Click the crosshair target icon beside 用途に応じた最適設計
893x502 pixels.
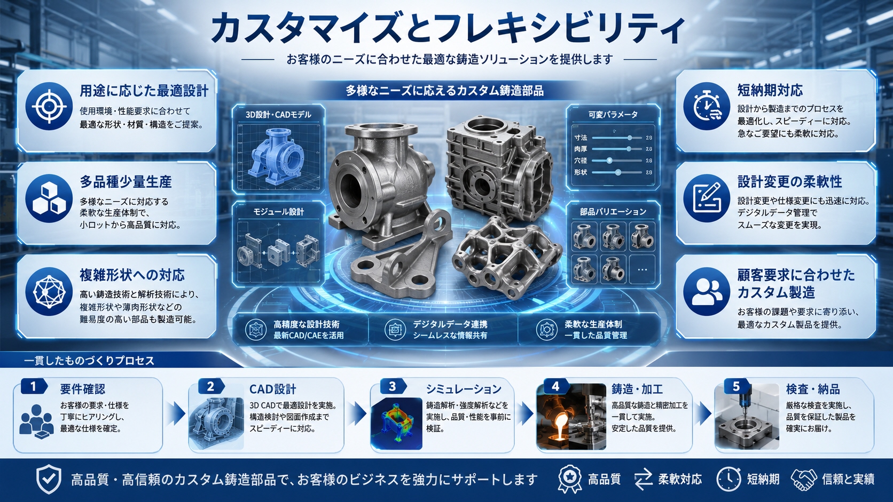(x=49, y=106)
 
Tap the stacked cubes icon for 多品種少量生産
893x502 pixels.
(x=49, y=198)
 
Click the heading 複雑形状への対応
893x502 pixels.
(x=132, y=275)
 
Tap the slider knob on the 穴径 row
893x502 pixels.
(x=609, y=161)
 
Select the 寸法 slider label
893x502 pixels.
(x=581, y=138)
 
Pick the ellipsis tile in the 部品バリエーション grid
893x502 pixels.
(x=642, y=269)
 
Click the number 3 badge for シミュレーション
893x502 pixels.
(x=392, y=387)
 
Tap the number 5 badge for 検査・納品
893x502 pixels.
(x=736, y=387)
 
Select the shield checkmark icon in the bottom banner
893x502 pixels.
(x=49, y=480)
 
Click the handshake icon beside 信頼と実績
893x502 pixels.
(x=804, y=479)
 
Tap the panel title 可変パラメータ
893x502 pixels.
(x=613, y=115)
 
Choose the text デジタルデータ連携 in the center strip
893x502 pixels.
(x=450, y=324)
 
